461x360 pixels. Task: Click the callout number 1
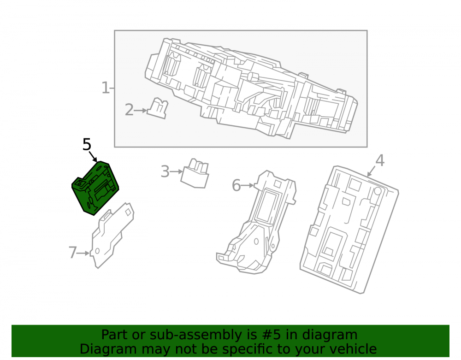coord(105,88)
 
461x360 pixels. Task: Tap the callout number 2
coord(129,110)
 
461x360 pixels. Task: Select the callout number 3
coord(165,171)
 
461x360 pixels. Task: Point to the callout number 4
coord(380,160)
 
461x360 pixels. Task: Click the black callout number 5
coord(87,145)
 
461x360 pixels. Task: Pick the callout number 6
coord(236,185)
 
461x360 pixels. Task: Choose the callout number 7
coord(73,253)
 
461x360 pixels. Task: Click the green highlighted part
coord(95,188)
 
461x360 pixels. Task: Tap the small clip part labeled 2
coord(158,108)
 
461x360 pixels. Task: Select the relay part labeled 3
coord(195,173)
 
